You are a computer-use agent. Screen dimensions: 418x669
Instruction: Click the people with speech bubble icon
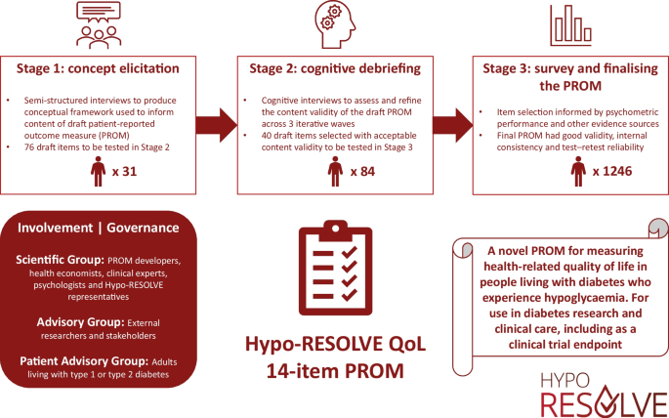tap(103, 23)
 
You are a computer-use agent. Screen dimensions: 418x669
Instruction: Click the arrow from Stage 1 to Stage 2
tap(216, 124)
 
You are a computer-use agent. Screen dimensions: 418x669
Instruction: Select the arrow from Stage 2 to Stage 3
tap(452, 124)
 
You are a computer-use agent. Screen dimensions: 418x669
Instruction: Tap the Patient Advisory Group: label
tap(76, 361)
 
